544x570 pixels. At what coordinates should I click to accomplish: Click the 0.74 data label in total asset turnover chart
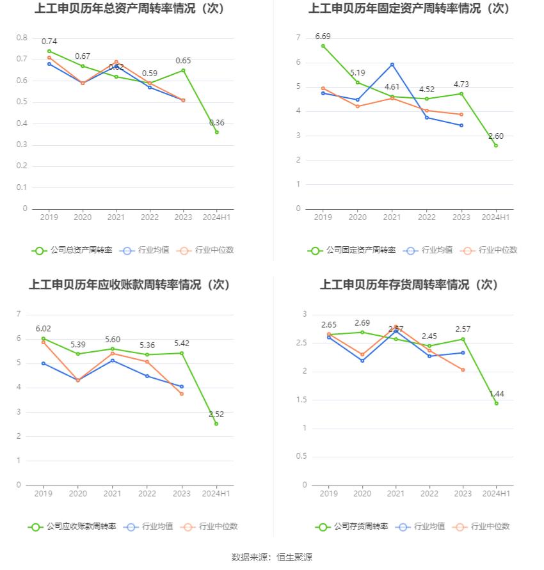(x=49, y=42)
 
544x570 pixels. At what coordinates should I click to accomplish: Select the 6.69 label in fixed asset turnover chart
(x=323, y=36)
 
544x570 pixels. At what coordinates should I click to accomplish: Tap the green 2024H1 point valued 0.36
(x=216, y=132)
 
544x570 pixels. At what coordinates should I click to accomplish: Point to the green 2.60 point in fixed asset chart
(x=495, y=145)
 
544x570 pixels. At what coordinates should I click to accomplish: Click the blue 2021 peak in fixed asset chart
(x=392, y=64)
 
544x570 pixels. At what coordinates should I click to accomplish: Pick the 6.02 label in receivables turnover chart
(x=44, y=328)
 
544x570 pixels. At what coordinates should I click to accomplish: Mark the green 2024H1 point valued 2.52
(x=216, y=424)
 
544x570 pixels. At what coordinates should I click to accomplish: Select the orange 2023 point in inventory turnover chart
(x=462, y=370)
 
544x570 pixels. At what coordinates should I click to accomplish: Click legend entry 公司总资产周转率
(x=72, y=250)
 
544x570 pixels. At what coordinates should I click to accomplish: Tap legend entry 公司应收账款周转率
(x=72, y=526)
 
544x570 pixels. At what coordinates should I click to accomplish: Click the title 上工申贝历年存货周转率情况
(x=409, y=285)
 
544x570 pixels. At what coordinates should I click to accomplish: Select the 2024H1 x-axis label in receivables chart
(x=216, y=494)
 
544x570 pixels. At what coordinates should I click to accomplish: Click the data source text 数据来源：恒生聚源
(x=272, y=557)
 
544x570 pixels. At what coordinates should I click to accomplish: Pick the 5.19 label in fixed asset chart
(x=358, y=73)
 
